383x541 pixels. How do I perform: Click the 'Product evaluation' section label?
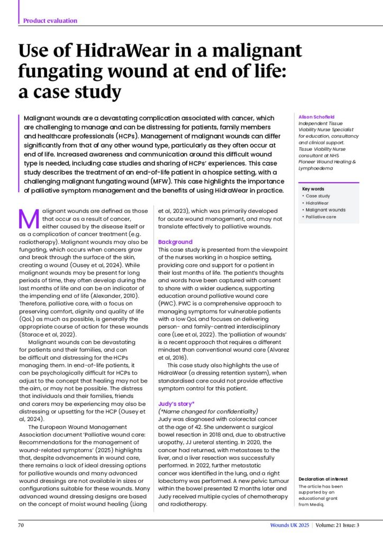(50, 21)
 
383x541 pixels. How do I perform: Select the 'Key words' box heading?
(313, 189)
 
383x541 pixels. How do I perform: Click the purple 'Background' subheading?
(175, 242)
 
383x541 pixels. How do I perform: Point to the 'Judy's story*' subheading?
(177, 403)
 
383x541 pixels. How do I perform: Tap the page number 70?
(22, 525)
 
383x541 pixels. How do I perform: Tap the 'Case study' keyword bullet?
(317, 196)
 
